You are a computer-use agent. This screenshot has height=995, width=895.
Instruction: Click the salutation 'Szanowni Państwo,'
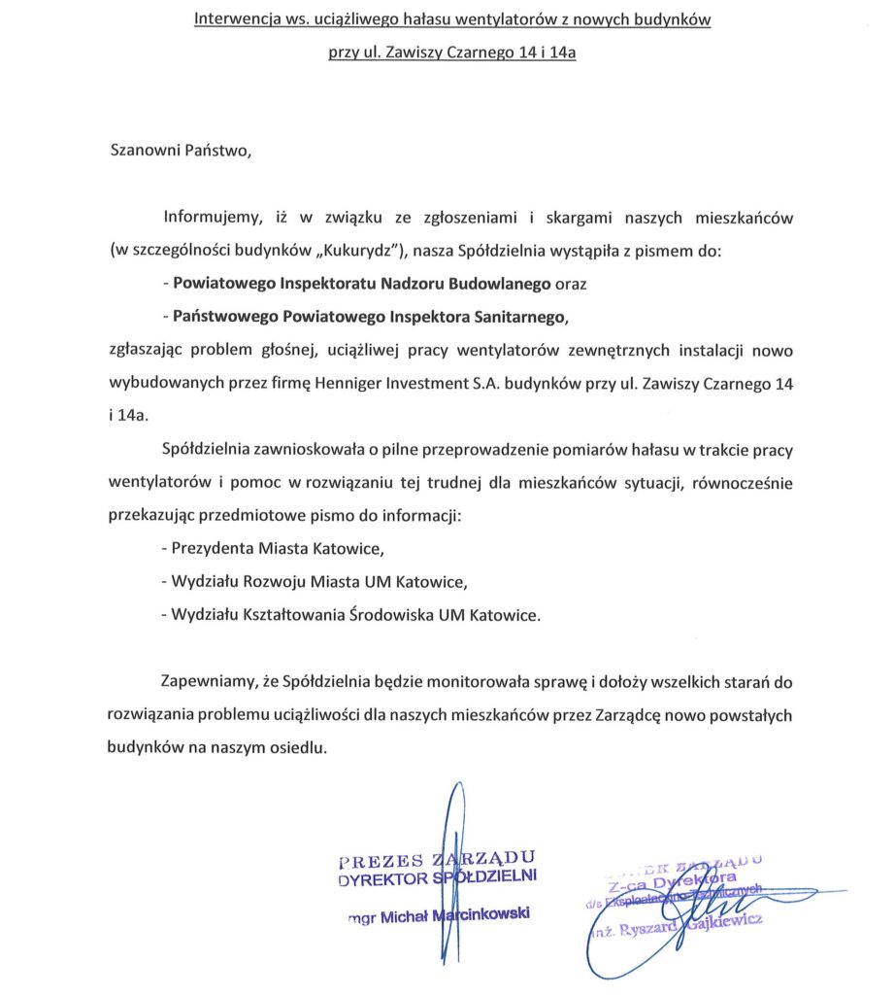[181, 152]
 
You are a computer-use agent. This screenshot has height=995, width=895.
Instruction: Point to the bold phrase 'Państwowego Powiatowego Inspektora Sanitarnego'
[366, 317]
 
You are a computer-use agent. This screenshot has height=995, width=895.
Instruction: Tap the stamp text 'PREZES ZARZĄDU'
[437, 859]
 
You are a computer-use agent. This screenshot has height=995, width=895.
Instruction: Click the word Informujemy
[212, 218]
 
